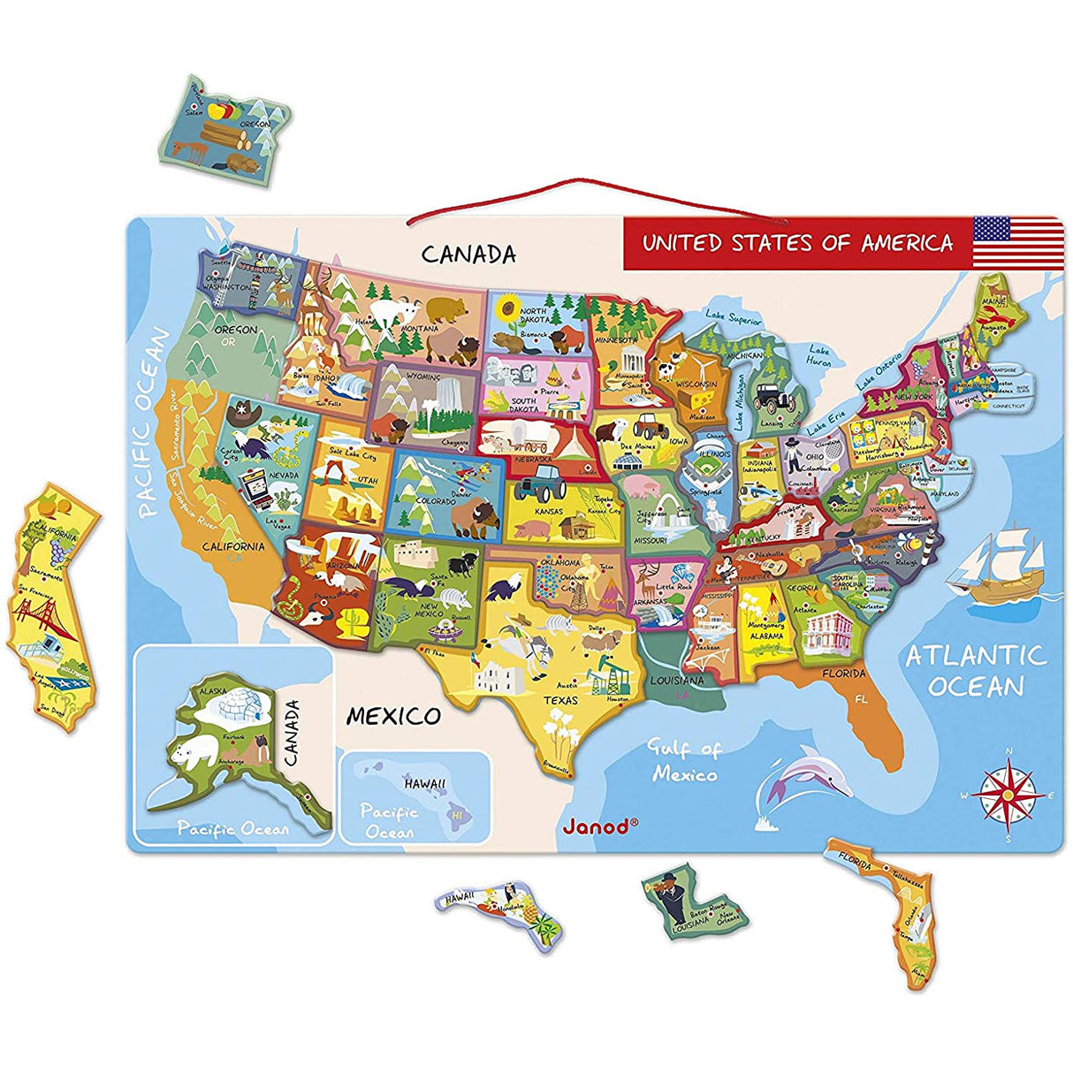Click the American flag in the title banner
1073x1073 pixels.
[1017, 241]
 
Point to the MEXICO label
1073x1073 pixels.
[392, 715]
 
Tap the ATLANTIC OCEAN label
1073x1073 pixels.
[976, 670]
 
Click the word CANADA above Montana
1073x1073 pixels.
[468, 255]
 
